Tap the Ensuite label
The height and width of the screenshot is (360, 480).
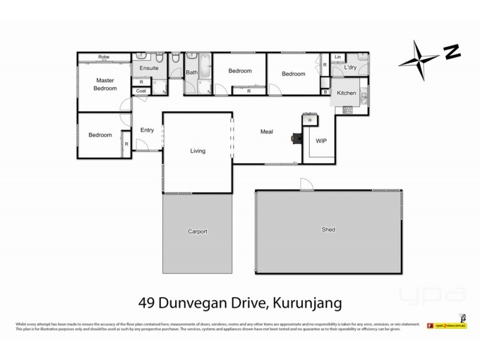149,68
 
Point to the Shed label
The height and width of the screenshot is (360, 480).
328,229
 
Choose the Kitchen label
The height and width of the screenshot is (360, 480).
347,94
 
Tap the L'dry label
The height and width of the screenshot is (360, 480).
350,68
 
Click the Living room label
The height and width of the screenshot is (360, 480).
198,151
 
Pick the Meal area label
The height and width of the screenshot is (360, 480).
267,131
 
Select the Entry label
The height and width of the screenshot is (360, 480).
148,130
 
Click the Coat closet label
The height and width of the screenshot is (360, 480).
142,91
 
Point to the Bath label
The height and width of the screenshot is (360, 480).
191,73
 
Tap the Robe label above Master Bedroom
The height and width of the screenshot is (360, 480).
104,58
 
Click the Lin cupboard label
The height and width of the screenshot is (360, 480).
338,57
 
